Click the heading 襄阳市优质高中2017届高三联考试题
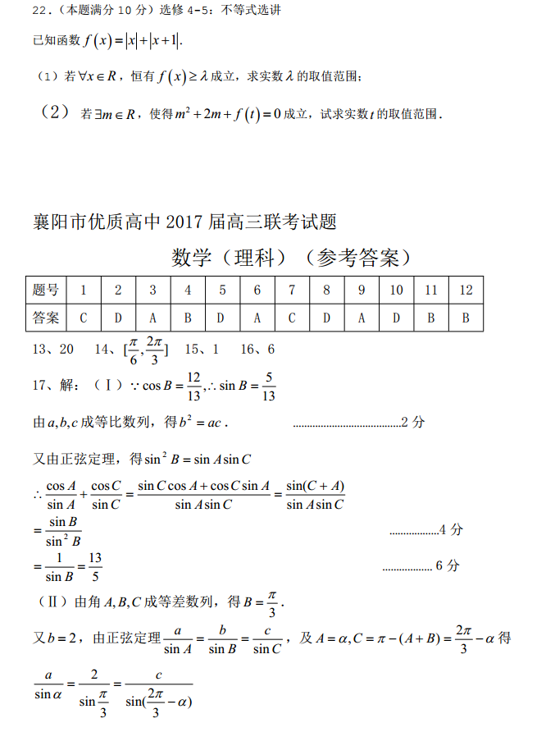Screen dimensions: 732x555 click(x=185, y=221)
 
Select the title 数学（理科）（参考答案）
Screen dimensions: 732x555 click(x=291, y=257)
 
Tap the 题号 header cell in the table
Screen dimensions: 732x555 click(x=46, y=290)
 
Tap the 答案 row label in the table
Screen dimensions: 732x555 click(x=46, y=317)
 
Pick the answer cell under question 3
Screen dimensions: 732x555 click(x=152, y=317)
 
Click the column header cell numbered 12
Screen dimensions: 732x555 click(x=466, y=290)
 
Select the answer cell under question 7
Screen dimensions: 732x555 click(x=292, y=317)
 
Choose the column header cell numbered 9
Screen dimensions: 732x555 click(x=362, y=290)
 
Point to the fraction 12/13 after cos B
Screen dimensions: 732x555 click(x=193, y=386)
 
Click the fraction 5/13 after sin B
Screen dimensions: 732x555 click(x=269, y=386)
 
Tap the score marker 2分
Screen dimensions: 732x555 click(x=413, y=423)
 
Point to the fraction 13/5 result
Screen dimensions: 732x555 click(x=94, y=566)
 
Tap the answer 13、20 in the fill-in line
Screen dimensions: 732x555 click(x=53, y=349)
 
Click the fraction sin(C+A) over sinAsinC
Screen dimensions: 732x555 click(x=315, y=495)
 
